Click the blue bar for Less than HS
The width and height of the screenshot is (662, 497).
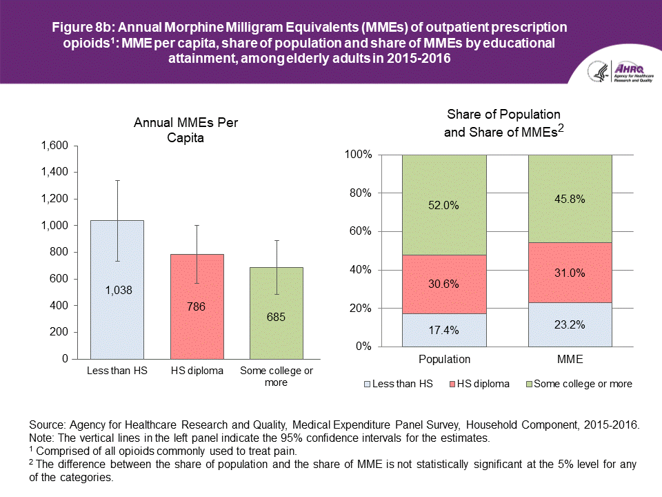(117, 324)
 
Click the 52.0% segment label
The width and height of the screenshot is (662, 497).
(444, 205)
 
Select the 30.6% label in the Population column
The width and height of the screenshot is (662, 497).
(444, 284)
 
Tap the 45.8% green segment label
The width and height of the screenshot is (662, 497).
(570, 199)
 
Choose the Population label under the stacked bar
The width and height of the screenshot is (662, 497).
(444, 360)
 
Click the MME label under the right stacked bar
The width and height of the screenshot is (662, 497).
(570, 360)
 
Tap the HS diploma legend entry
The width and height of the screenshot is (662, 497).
(479, 384)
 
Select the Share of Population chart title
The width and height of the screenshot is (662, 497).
(503, 122)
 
